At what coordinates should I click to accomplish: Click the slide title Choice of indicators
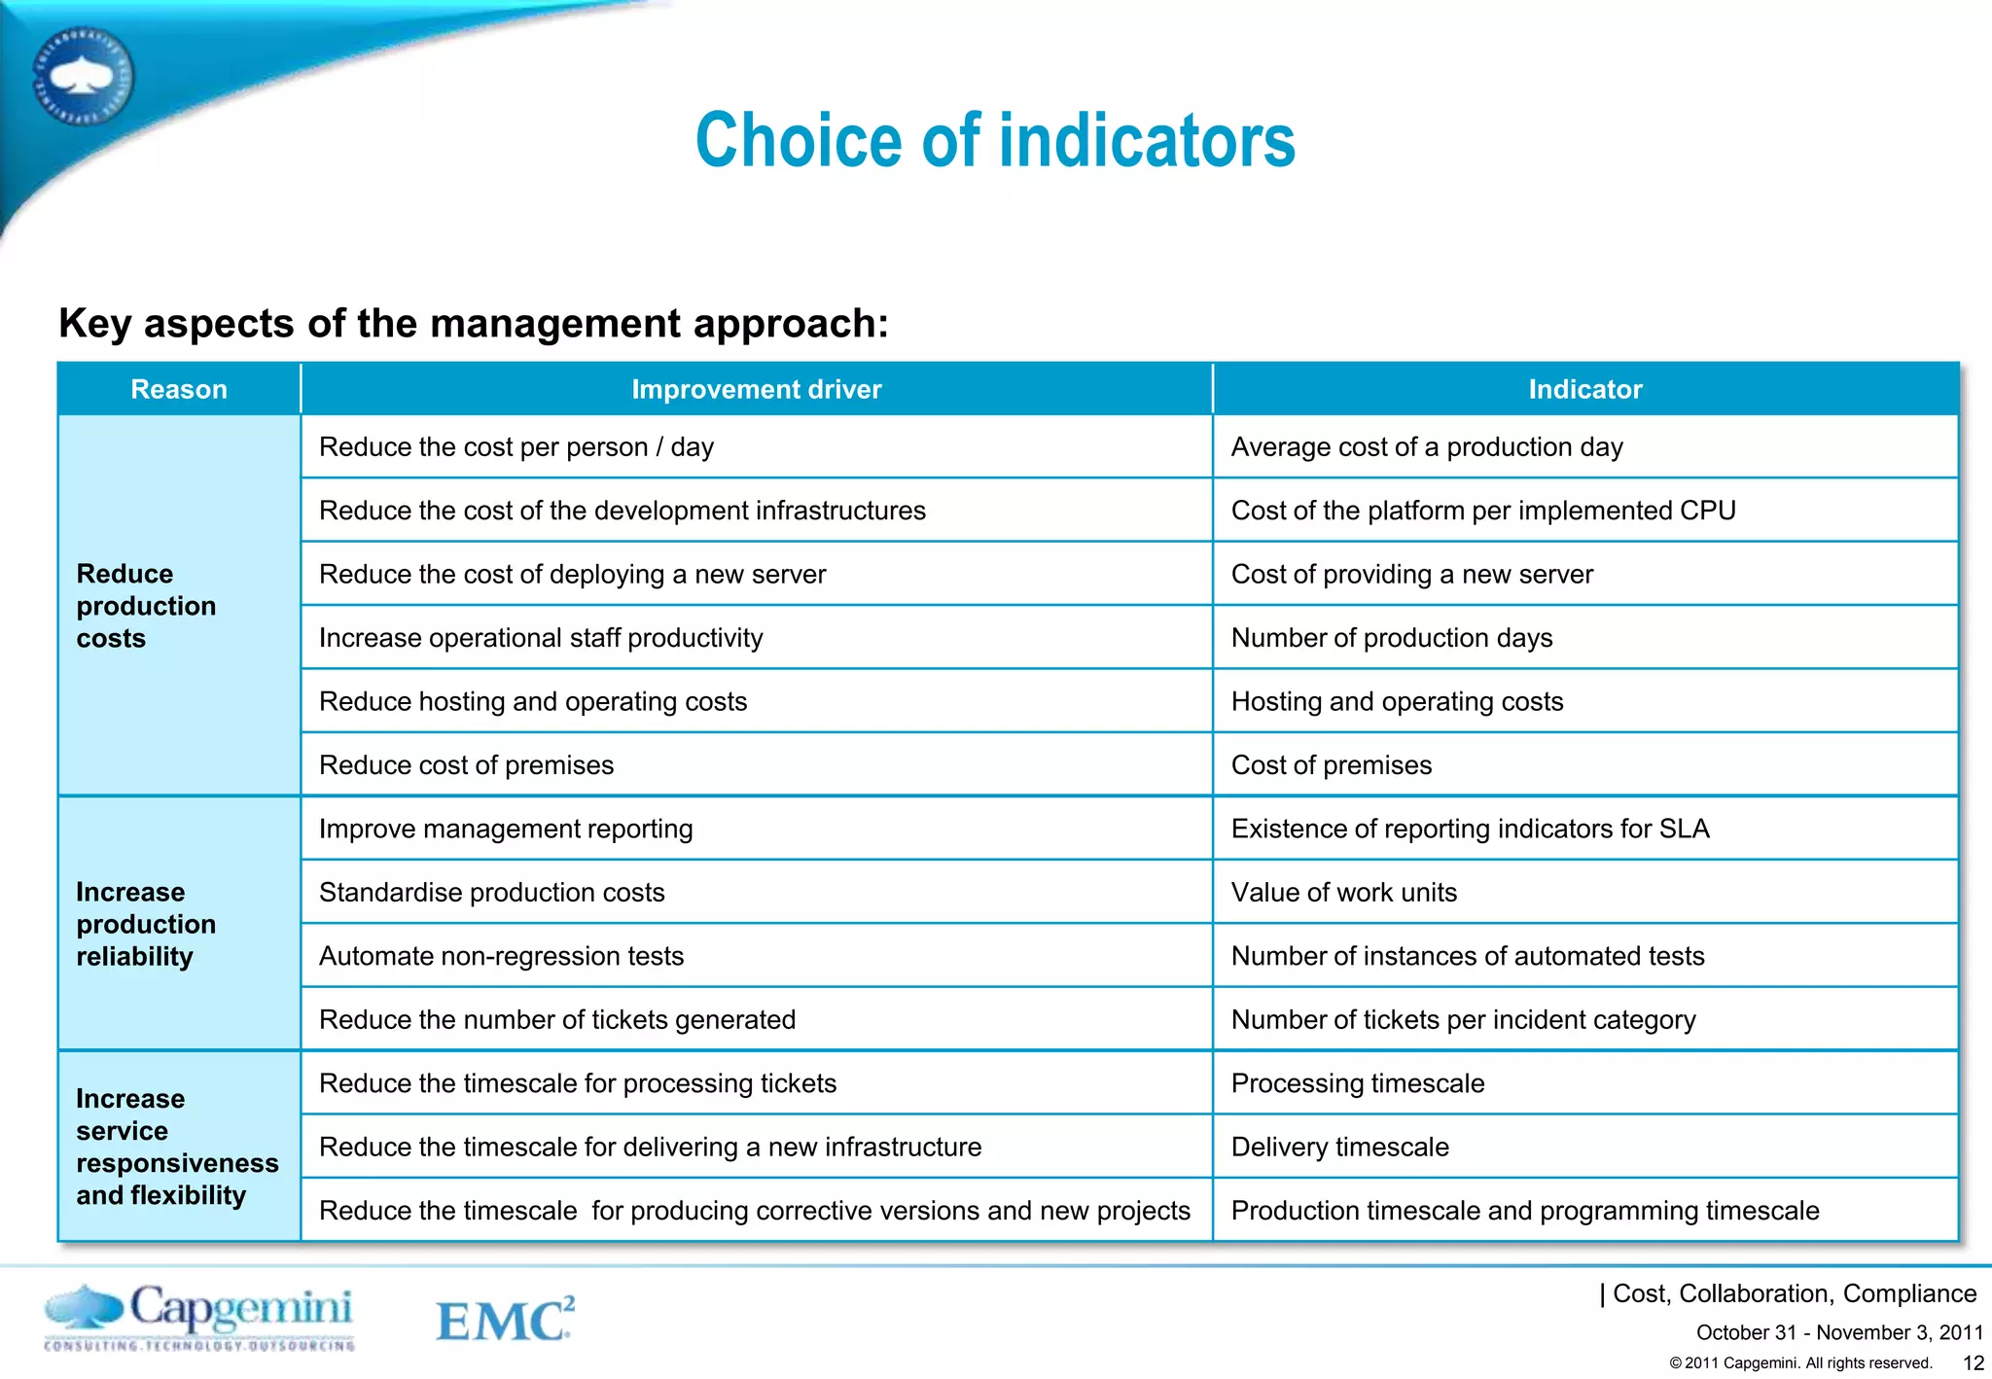pyautogui.click(x=995, y=141)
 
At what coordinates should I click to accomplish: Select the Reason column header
pyautogui.click(x=179, y=389)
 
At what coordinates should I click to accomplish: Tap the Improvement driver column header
pyautogui.click(x=756, y=389)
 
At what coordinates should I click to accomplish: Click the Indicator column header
pyautogui.click(x=1584, y=389)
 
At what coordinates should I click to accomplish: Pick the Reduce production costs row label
pyautogui.click(x=146, y=606)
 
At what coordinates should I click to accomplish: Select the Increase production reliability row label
pyautogui.click(x=146, y=924)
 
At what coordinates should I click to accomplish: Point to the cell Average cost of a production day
pyautogui.click(x=1427, y=447)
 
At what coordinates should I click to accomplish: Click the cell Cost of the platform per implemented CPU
pyautogui.click(x=1482, y=511)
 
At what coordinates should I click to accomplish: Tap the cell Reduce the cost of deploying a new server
pyautogui.click(x=572, y=575)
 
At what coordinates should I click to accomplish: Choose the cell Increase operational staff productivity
pyautogui.click(x=541, y=638)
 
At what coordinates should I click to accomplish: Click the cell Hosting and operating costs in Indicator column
pyautogui.click(x=1397, y=702)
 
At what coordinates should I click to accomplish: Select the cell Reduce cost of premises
pyautogui.click(x=466, y=765)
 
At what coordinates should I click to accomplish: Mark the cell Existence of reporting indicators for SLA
pyautogui.click(x=1470, y=829)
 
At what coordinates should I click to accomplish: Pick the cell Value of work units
pyautogui.click(x=1343, y=893)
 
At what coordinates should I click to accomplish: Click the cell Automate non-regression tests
pyautogui.click(x=501, y=956)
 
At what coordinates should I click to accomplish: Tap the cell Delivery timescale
pyautogui.click(x=1339, y=1148)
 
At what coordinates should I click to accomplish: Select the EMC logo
pyautogui.click(x=505, y=1320)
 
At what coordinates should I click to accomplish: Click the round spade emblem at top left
pyautogui.click(x=83, y=76)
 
